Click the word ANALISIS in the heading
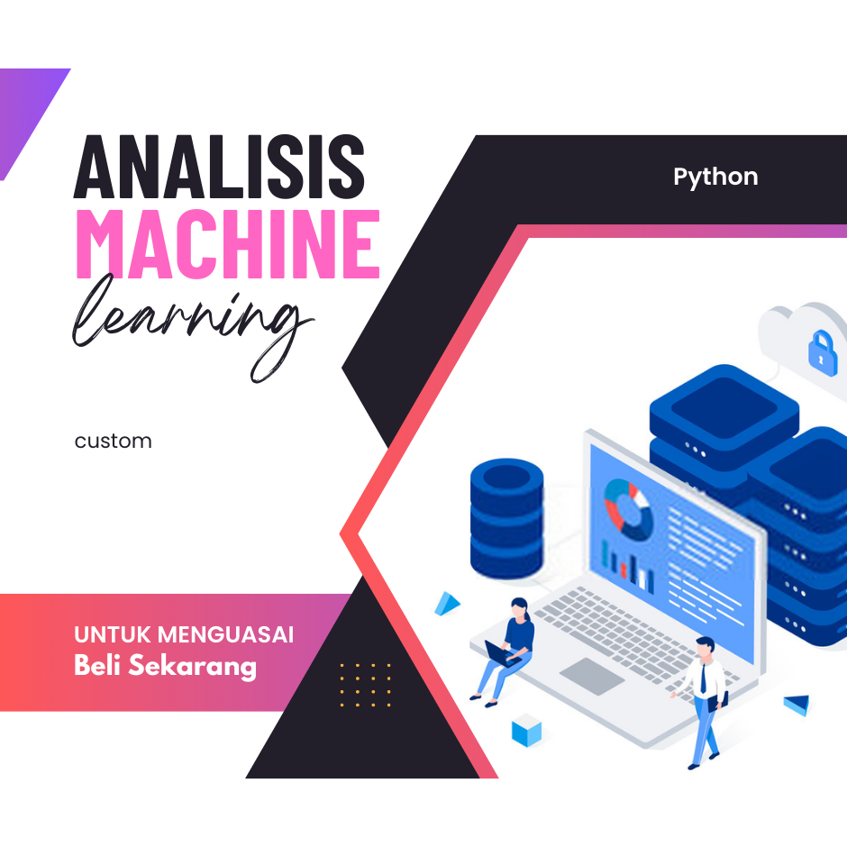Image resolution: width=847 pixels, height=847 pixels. click(x=220, y=168)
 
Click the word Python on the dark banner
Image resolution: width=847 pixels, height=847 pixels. click(x=715, y=177)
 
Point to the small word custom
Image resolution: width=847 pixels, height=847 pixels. click(x=114, y=442)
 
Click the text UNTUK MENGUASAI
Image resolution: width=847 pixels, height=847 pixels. click(x=184, y=634)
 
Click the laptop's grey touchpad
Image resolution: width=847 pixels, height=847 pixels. click(x=592, y=676)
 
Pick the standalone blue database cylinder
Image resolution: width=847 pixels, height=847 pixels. click(x=506, y=518)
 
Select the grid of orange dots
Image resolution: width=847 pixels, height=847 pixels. click(x=365, y=685)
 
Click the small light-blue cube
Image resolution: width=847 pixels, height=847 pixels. click(x=526, y=730)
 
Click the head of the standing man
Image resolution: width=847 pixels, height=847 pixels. click(x=705, y=647)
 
